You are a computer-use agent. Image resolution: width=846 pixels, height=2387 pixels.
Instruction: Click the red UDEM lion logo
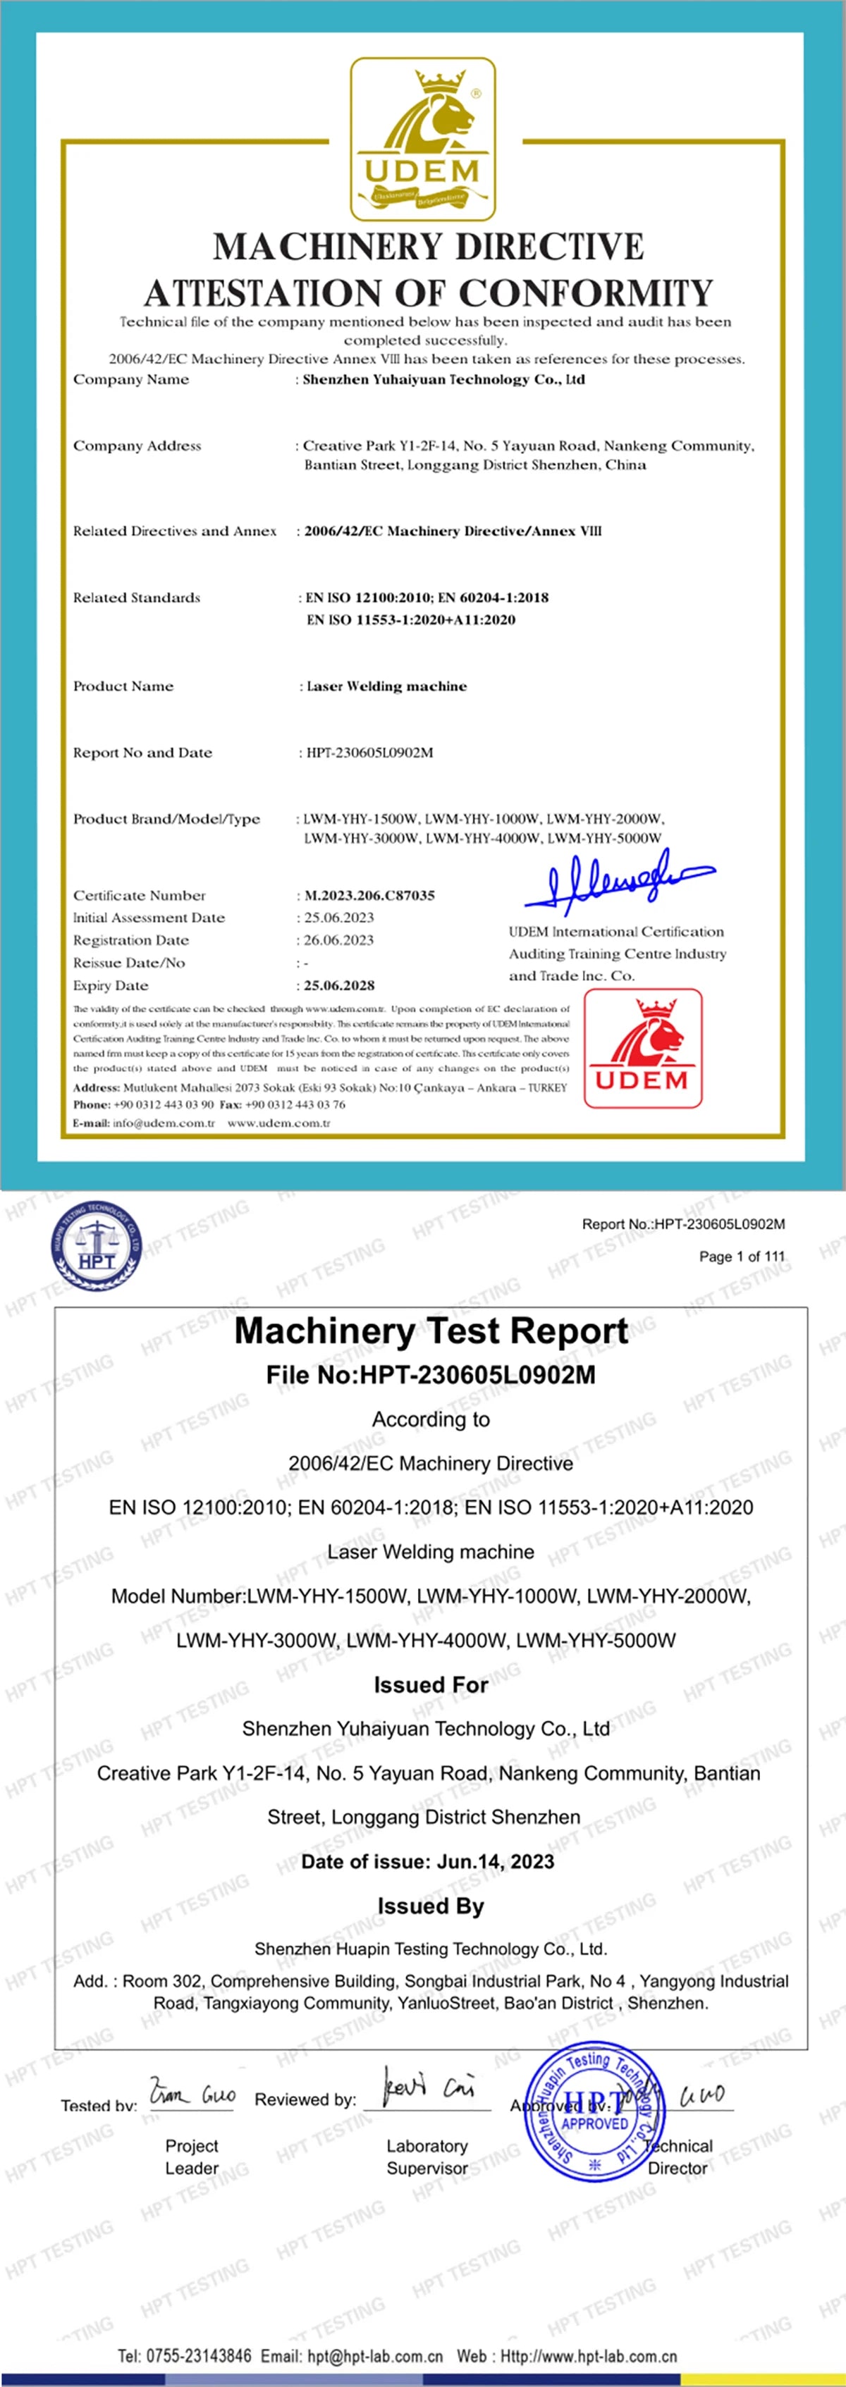click(x=642, y=1048)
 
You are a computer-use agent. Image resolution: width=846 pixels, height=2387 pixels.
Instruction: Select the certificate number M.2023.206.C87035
click(x=369, y=895)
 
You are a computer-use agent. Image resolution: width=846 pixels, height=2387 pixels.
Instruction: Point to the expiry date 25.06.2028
click(x=339, y=985)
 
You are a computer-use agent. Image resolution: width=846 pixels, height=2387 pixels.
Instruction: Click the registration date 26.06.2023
click(x=339, y=939)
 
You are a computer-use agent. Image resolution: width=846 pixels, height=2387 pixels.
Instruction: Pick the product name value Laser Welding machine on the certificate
click(x=386, y=686)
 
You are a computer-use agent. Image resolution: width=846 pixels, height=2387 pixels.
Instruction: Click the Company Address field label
click(x=137, y=445)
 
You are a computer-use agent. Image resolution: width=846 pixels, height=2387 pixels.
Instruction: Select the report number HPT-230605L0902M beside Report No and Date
click(x=369, y=753)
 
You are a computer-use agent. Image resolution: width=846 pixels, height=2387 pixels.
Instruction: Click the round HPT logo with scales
click(x=97, y=1245)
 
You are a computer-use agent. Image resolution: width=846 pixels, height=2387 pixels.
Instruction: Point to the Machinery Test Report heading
click(x=431, y=1331)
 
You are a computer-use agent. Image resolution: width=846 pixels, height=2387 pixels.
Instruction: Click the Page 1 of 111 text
click(x=741, y=1257)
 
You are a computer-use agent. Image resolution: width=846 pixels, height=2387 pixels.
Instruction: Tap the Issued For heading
click(x=431, y=1684)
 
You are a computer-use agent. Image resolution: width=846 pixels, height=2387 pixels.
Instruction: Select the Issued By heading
click(x=431, y=1906)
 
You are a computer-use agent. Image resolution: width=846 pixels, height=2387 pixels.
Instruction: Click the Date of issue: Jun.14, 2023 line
click(x=428, y=1861)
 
